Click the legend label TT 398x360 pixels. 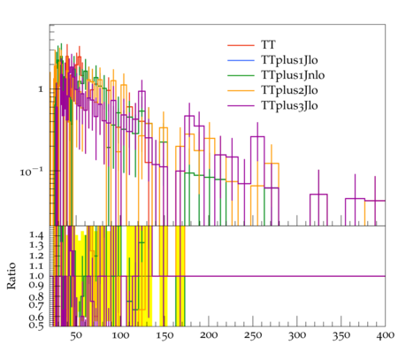click(x=268, y=45)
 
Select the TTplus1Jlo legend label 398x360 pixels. click(x=289, y=60)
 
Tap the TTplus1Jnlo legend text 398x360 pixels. click(x=293, y=75)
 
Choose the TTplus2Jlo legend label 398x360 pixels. click(x=289, y=90)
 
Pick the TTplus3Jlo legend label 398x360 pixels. click(x=289, y=105)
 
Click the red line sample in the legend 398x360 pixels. click(x=241, y=45)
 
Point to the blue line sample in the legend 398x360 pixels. click(x=241, y=60)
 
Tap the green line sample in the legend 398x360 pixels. click(x=241, y=75)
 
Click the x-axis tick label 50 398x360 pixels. click(x=76, y=335)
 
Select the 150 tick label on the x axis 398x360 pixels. click(x=165, y=335)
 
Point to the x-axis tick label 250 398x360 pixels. click(x=253, y=335)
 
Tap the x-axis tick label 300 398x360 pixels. click(x=297, y=335)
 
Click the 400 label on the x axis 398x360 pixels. click(x=386, y=335)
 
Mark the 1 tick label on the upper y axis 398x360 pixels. click(x=41, y=89)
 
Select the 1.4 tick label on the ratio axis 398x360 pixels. click(x=36, y=235)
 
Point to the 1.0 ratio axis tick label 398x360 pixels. click(x=36, y=276)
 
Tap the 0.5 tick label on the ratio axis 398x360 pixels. click(x=36, y=326)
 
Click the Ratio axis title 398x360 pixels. click(x=11, y=276)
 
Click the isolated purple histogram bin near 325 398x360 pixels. click(x=318, y=195)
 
